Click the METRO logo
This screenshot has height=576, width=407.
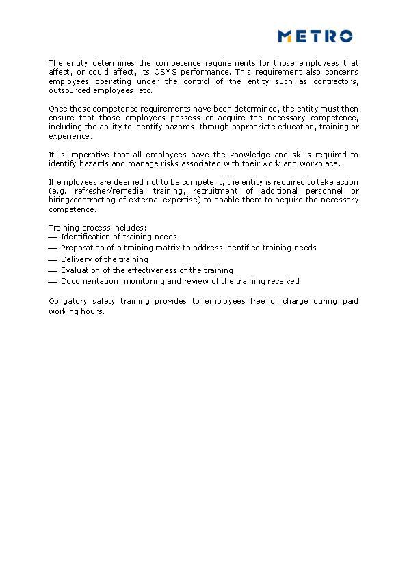tap(315, 36)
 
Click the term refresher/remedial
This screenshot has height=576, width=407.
tap(107, 191)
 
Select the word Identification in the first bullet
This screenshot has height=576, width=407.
tap(83, 237)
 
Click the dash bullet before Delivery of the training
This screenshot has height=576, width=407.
tap(53, 260)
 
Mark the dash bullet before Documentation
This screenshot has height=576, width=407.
tap(53, 282)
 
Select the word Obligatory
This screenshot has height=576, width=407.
tap(68, 301)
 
